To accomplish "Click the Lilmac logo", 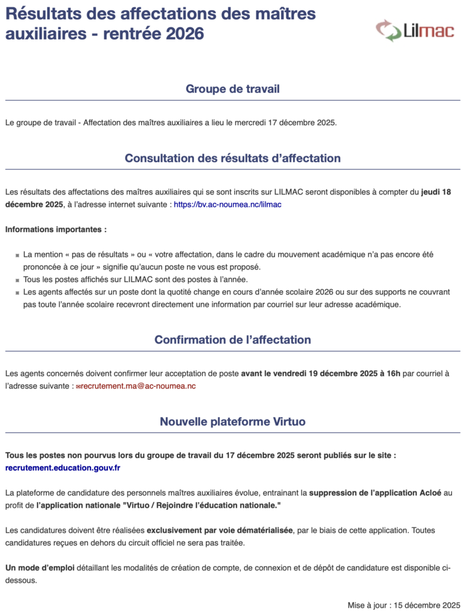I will pos(414,30).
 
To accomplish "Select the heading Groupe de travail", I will pos(232,89).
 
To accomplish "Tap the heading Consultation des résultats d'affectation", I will pos(232,158).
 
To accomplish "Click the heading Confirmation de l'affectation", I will pos(232,339).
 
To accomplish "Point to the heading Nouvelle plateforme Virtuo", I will pos(232,421).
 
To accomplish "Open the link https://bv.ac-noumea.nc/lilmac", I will pos(228,204).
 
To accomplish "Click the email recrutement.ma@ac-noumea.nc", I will pos(138,386).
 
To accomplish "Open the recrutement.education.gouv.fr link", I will pos(62,468).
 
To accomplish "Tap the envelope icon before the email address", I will pos(78,387).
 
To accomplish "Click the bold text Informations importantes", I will pos(56,229).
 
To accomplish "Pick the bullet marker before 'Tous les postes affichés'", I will pos(17,280).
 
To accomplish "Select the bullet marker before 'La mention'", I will pos(17,255).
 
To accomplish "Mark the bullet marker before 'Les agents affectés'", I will pos(17,293).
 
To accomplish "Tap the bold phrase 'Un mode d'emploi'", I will pos(40,567).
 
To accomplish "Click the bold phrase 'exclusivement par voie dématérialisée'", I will pos(220,530).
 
